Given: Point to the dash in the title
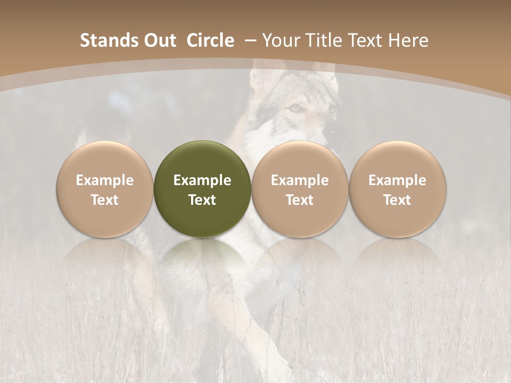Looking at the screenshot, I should pos(249,40).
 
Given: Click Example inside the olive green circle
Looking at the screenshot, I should pos(202,180).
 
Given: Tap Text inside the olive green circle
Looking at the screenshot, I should pos(202,200).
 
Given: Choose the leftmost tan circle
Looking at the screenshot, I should pos(105,189).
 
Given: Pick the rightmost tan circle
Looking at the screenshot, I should pos(398,189).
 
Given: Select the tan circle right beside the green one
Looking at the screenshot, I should pos(300,189).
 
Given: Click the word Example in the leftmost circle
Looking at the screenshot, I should pos(105,180).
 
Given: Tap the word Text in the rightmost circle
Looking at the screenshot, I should pos(398,200).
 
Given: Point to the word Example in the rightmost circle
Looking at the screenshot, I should pos(398,180).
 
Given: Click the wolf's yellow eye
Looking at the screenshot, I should pos(294,108).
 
